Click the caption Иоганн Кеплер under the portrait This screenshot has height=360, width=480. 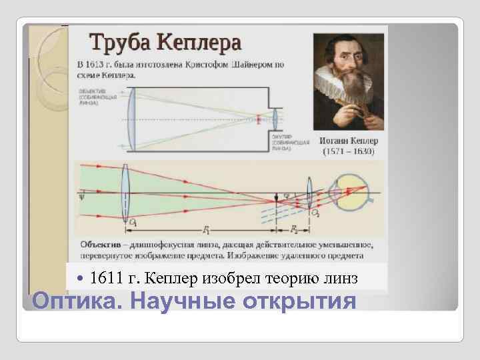[349, 141]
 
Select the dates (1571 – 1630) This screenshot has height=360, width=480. [349, 151]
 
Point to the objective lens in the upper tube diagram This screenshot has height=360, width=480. [132, 121]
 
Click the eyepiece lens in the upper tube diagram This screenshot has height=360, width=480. [275, 120]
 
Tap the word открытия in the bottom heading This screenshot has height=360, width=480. [299, 301]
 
